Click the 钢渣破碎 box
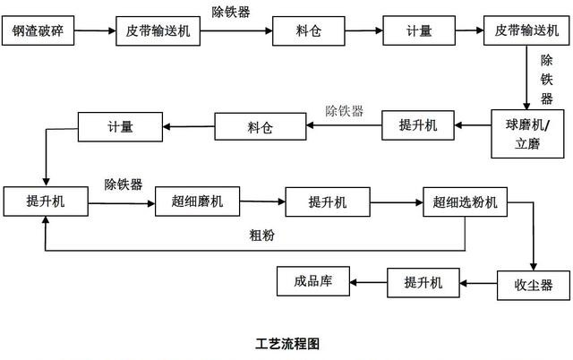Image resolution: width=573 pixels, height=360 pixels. [x=42, y=30]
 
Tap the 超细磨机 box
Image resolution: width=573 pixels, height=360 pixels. [x=198, y=201]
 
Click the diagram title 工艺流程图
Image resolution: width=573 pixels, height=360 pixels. [x=286, y=343]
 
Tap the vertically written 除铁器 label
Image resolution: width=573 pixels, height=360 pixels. [x=546, y=80]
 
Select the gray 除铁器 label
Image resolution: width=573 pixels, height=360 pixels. [x=344, y=111]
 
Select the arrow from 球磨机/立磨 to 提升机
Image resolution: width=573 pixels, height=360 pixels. [x=475, y=125]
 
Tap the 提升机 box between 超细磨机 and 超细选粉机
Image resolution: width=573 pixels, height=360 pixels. [x=328, y=201]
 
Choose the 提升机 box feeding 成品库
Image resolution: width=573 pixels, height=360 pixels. [x=423, y=283]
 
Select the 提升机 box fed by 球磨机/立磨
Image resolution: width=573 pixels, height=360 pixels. [x=419, y=125]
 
